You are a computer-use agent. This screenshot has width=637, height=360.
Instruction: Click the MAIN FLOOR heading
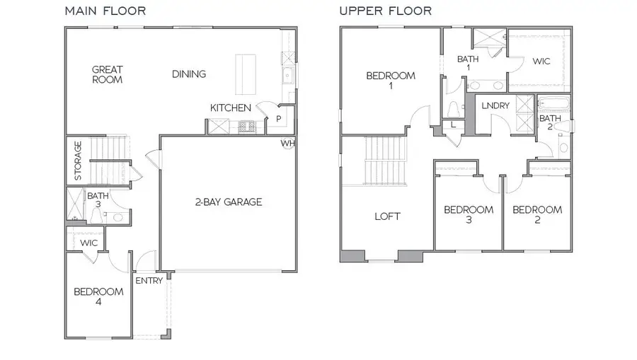point(105,11)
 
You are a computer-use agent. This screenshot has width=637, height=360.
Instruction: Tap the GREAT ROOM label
point(108,74)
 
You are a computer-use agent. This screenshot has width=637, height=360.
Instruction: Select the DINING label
point(188,74)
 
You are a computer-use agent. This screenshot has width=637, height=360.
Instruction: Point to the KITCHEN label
point(230,108)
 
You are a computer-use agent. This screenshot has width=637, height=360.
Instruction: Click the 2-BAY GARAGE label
point(228,202)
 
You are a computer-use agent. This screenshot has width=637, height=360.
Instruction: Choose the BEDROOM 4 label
point(99,296)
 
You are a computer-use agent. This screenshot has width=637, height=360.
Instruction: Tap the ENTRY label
point(149,280)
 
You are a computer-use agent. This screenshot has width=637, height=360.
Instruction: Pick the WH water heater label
point(287,143)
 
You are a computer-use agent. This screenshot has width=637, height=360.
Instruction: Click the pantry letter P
point(279,119)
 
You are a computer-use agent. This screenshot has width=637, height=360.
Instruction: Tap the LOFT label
point(387,216)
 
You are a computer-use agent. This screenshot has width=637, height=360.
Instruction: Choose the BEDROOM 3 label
point(468,214)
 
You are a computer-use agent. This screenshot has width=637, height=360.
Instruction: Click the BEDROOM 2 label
point(537,214)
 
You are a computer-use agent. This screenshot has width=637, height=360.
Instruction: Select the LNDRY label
point(495,105)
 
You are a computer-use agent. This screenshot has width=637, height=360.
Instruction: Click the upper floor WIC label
point(541,62)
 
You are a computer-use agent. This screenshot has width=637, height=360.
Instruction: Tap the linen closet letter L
point(453,125)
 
